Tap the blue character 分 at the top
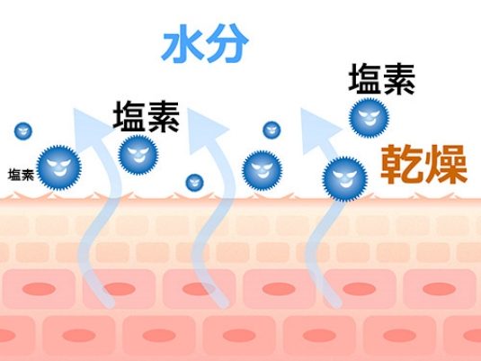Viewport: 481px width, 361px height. tap(227, 42)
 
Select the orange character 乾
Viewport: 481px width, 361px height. tap(401, 165)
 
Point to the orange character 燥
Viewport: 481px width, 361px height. tap(445, 165)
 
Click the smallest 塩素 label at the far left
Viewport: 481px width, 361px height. tap(21, 175)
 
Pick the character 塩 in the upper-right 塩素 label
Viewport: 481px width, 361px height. tap(365, 78)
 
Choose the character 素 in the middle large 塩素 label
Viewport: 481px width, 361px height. tap(164, 117)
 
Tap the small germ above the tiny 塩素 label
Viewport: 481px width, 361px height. tap(23, 131)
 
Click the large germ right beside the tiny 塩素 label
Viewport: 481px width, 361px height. tap(59, 167)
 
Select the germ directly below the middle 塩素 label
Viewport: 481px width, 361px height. tap(138, 155)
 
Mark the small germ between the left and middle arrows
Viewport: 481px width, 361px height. tap(194, 183)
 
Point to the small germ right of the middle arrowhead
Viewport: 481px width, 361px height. tap(272, 130)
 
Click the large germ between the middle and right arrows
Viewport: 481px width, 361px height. tap(263, 170)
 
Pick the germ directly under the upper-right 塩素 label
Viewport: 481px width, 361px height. tap(369, 118)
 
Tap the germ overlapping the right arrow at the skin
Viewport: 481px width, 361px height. tap(345, 179)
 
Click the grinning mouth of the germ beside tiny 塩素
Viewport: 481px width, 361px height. tap(60, 172)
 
